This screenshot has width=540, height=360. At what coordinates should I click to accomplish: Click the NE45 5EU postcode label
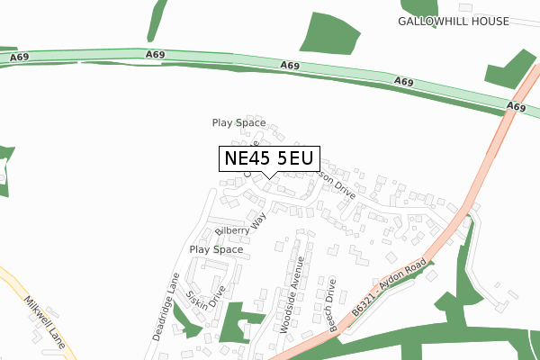coord(268,158)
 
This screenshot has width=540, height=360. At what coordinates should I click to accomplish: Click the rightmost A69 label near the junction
coord(515,106)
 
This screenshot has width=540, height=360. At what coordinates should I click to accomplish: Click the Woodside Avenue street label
coord(292,294)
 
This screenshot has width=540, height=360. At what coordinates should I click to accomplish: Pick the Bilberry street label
coord(231,231)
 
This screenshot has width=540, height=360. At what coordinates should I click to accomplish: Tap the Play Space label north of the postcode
coord(238,122)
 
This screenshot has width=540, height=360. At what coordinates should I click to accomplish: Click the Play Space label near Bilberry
coord(216,249)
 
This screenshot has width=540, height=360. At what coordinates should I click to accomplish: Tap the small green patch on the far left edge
coord(4,166)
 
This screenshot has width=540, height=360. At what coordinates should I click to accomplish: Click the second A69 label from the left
coord(155,56)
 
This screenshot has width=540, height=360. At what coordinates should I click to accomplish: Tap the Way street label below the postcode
coord(260,219)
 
